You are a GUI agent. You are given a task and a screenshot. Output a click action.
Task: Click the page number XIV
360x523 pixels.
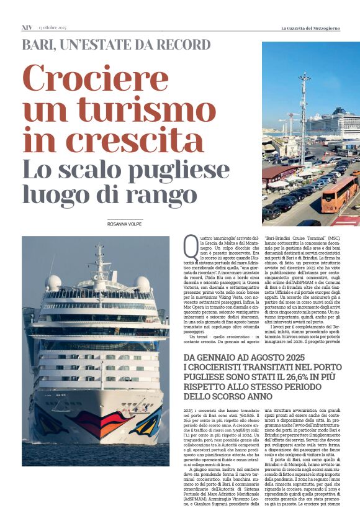pos(27,27)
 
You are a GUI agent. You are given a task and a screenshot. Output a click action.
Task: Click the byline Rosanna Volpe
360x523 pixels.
pos(125,224)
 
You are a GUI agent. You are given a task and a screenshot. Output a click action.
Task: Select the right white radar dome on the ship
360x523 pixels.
pos(143,283)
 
